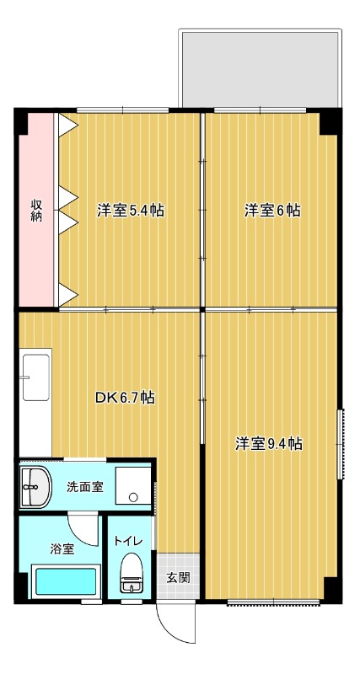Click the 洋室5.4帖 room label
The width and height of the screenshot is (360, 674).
tap(130, 211)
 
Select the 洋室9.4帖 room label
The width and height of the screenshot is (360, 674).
tap(268, 443)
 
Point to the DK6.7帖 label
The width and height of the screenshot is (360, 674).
tap(123, 397)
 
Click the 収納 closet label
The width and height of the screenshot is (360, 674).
tap(37, 211)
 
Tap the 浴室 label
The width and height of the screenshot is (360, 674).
tap(62, 549)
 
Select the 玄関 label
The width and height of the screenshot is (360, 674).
tap(177, 578)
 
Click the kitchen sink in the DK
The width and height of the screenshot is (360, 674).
tap(36, 378)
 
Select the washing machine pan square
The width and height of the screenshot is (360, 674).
tap(132, 486)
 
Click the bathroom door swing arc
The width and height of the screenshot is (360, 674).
tap(84, 527)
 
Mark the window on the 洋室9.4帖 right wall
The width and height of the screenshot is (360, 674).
tap(341, 444)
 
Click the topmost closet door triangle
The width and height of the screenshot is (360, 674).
tap(67, 124)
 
